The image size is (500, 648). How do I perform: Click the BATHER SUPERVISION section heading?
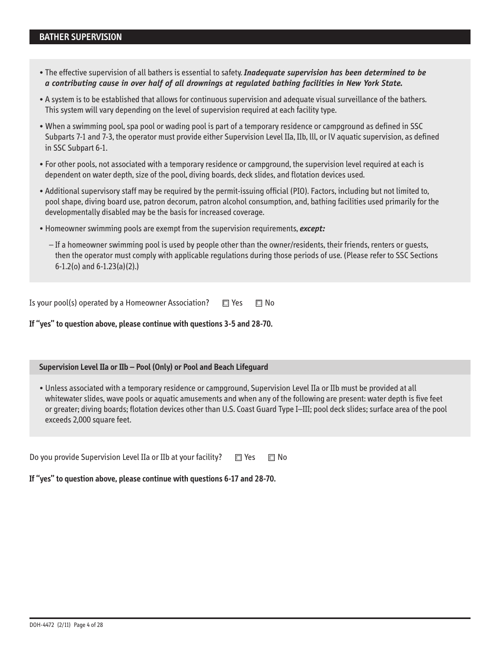(x=80, y=37)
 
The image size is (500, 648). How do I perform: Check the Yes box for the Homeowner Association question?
(x=226, y=303)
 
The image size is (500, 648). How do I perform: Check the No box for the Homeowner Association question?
(x=259, y=303)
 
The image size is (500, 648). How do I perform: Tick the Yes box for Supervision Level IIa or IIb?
(x=238, y=458)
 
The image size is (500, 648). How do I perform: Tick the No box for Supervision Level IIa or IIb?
(x=272, y=458)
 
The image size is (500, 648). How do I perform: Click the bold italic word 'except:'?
(x=312, y=229)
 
